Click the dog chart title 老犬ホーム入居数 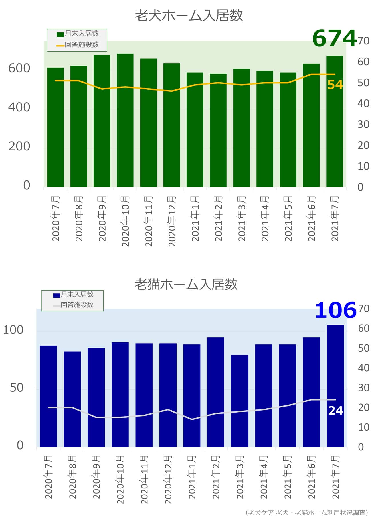tap(189, 15)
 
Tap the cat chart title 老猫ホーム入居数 tap(186, 284)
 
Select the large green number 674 tap(334, 38)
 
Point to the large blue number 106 tap(335, 310)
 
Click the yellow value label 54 tap(335, 85)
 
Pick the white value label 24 tap(335, 411)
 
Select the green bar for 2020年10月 tap(125, 120)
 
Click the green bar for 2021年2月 tap(218, 130)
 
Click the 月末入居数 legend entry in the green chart tap(78, 34)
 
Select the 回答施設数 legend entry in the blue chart tap(73, 305)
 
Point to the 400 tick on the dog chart tap(19, 107)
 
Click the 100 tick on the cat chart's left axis tap(13, 330)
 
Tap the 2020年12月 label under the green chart tap(172, 221)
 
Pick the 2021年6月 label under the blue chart tap(311, 477)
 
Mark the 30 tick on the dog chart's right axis tap(363, 124)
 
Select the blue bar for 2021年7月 tap(335, 386)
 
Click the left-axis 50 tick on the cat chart tap(17, 388)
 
